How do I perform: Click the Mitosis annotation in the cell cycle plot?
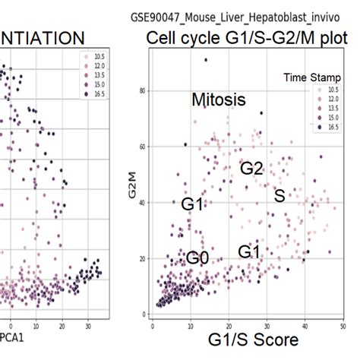[x=219, y=99]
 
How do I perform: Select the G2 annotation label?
[x=251, y=169]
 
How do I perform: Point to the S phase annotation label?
[x=279, y=196]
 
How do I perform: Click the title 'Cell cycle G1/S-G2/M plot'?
[x=245, y=39]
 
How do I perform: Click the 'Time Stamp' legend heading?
[x=311, y=77]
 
